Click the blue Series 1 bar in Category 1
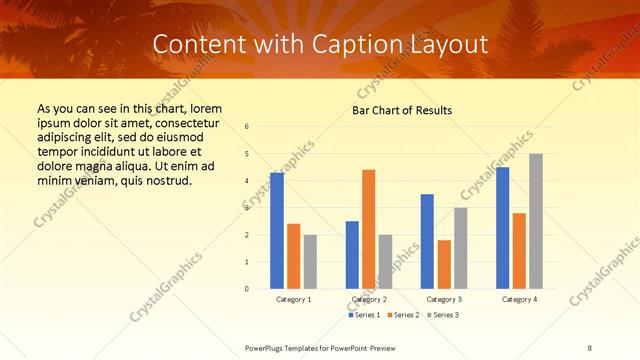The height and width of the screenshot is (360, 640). coord(277,231)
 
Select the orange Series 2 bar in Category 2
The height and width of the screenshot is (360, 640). coord(369,229)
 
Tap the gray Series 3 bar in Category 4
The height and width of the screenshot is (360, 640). coord(536,221)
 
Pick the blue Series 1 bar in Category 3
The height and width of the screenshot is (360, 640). coord(427,241)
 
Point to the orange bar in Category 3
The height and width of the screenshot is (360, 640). coord(444,264)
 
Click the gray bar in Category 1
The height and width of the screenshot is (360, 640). coord(310,262)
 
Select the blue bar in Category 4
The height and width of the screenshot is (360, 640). coord(502,228)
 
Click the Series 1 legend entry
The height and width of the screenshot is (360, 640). coord(365,315)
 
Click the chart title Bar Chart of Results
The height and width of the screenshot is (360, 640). coord(402,109)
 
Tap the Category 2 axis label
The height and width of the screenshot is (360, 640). coord(369,299)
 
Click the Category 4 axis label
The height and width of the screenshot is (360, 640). coord(519,299)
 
